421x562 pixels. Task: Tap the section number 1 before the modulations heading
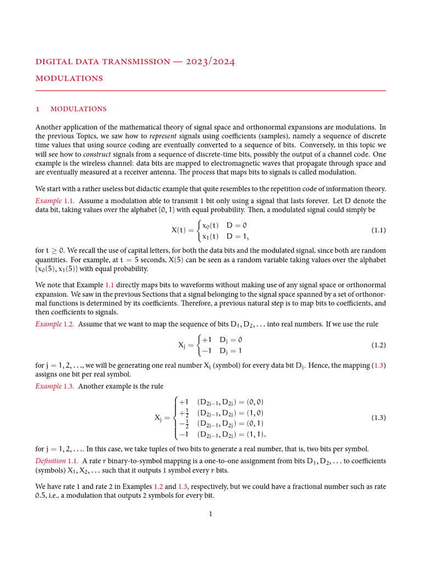point(37,109)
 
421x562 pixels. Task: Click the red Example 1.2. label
point(55,324)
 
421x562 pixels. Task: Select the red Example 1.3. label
point(55,386)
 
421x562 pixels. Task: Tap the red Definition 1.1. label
point(57,460)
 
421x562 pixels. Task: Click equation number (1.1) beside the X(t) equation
point(378,231)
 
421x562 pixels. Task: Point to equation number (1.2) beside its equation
point(378,345)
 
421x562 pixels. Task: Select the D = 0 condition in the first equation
point(237,225)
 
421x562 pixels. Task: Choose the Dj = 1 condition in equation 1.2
point(230,351)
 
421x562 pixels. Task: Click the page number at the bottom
point(210,514)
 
